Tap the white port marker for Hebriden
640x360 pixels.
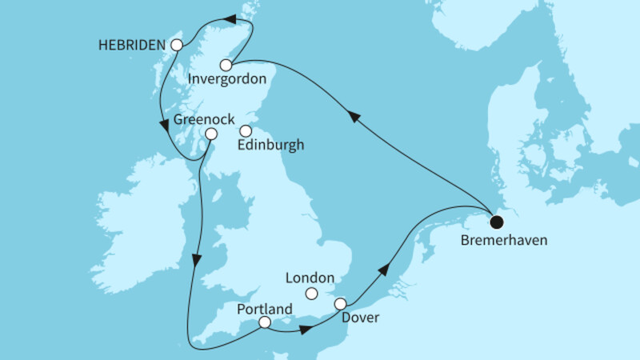pos(177,45)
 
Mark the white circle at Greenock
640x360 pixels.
pos(210,134)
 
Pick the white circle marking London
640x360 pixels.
pos(313,294)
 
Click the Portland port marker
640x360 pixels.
pos(265,323)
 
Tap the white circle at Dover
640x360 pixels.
pos(341,304)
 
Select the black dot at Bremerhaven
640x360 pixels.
pos(497,222)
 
